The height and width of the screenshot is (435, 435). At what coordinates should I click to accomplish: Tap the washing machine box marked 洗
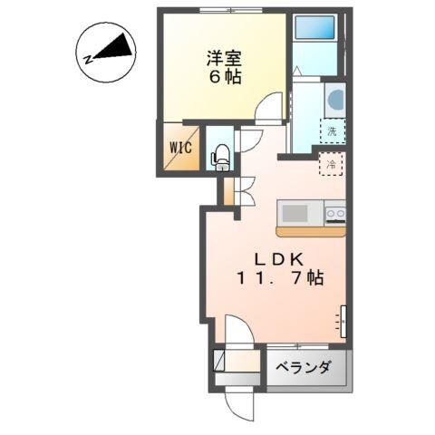tap(332, 130)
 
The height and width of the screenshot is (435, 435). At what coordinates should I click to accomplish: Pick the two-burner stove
tap(334, 214)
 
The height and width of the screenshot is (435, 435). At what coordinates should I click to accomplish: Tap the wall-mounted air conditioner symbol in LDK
tap(342, 319)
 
